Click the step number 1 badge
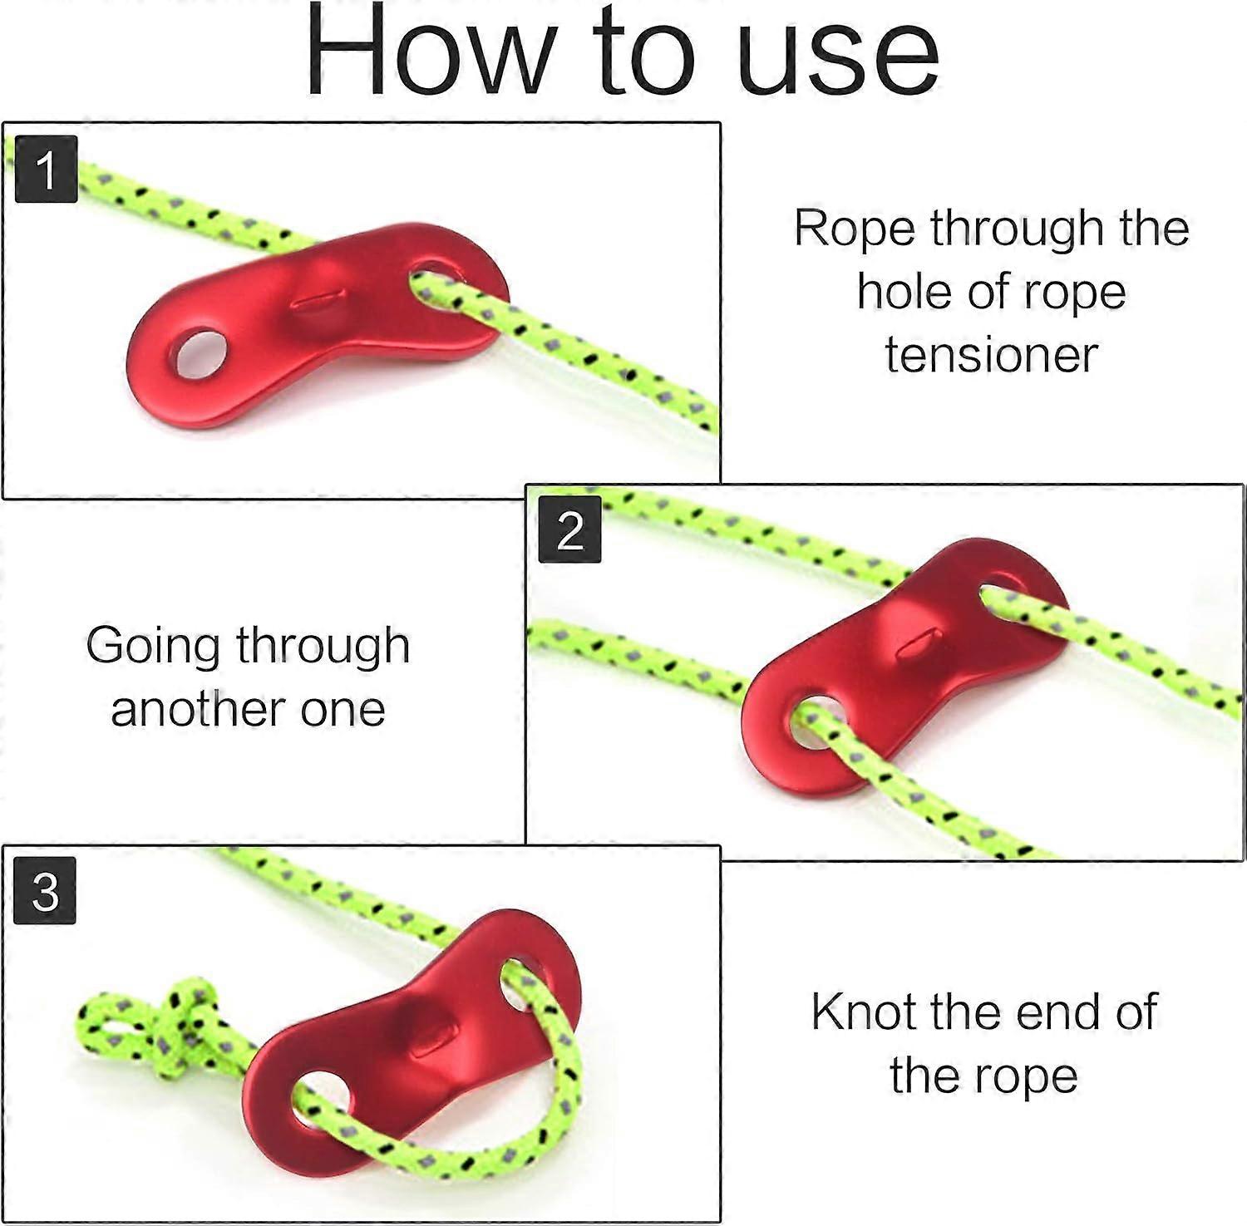tap(47, 170)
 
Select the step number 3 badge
tap(46, 891)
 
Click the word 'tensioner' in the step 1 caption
tap(991, 355)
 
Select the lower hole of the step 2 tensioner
tap(817, 720)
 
